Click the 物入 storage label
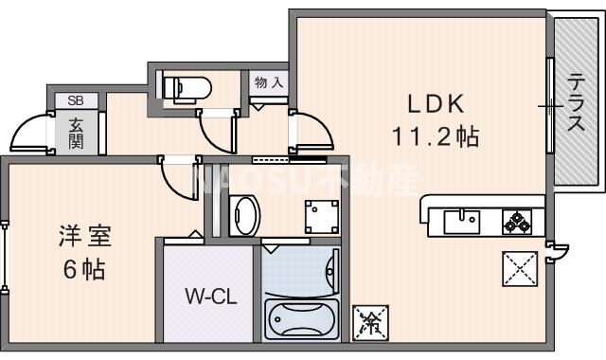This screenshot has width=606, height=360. [x=268, y=83]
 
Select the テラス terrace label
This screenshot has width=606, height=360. [x=574, y=104]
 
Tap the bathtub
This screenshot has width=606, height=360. [x=298, y=318]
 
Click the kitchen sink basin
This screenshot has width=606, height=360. [x=461, y=222]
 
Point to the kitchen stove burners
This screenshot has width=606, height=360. [x=516, y=222]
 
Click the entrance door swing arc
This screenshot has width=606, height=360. [x=31, y=134]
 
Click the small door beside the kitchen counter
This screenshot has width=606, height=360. [x=558, y=251]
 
